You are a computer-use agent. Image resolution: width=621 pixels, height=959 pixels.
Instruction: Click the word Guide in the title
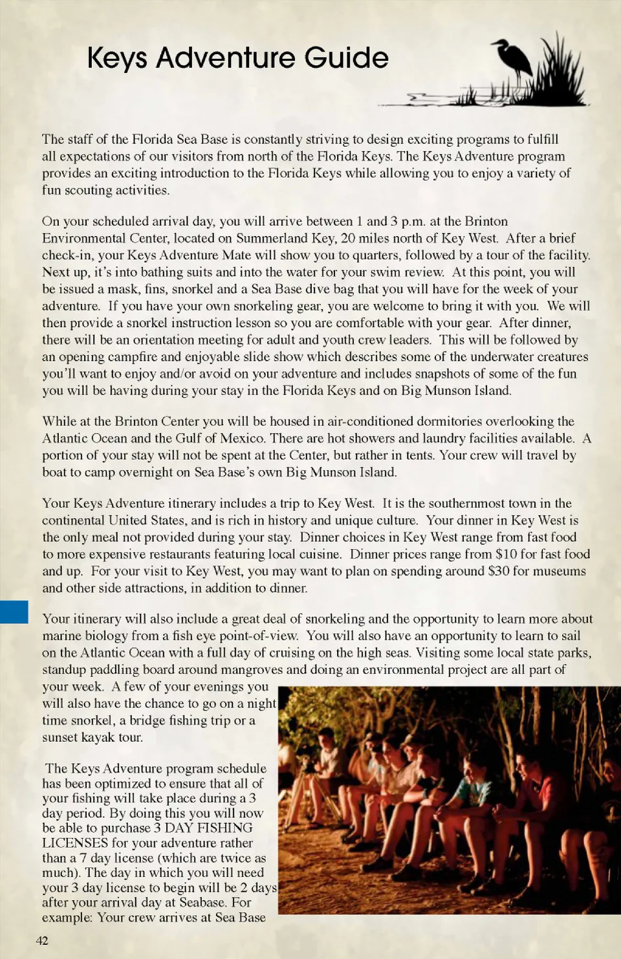346,58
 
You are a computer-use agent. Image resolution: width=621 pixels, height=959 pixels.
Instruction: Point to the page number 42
42,940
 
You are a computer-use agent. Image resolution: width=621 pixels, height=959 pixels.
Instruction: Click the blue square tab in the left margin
14,612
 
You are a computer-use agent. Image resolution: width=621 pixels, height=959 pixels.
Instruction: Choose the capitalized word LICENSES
75,843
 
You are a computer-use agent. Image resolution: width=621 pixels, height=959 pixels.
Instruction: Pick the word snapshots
442,374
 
